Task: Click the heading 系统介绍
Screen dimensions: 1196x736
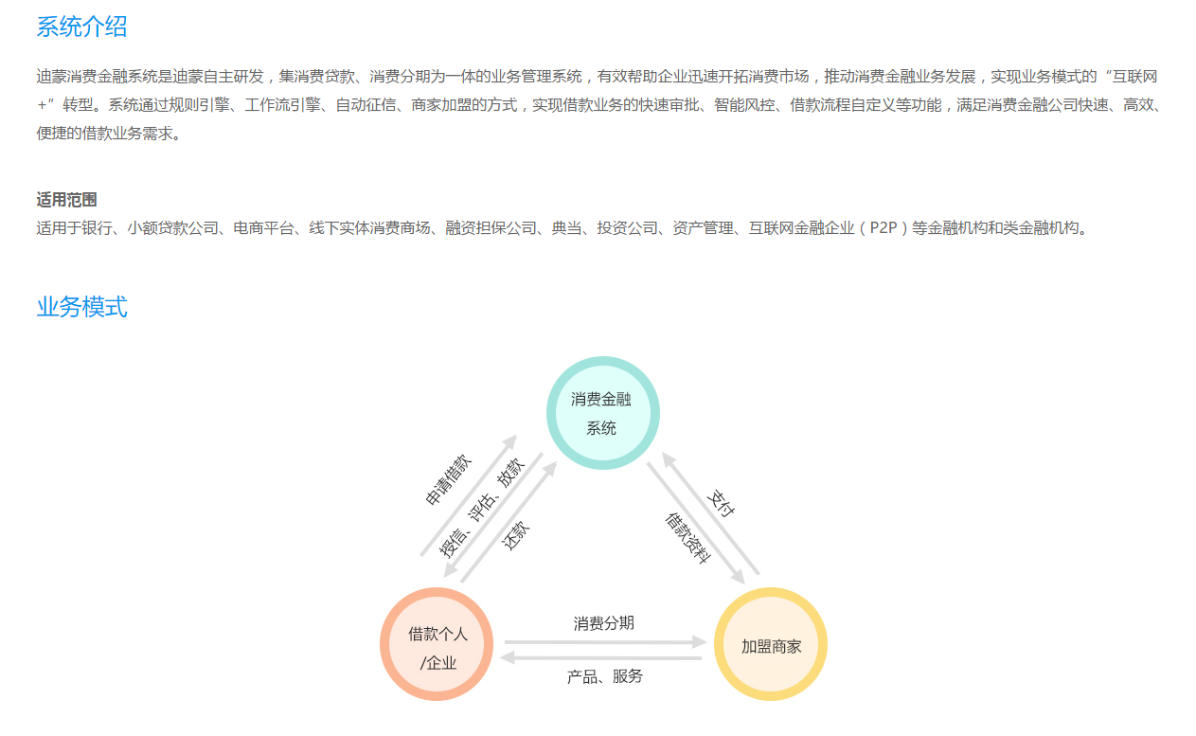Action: [81, 27]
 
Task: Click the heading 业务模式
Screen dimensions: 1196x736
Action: [81, 307]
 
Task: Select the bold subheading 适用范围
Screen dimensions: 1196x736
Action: [66, 200]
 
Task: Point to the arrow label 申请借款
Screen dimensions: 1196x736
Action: [449, 479]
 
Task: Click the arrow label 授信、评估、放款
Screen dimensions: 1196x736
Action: [482, 508]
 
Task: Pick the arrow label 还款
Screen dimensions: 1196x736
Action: [516, 535]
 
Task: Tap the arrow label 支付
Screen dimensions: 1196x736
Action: [721, 503]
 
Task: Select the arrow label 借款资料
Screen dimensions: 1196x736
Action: [688, 538]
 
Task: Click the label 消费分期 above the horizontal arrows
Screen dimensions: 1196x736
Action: [603, 622]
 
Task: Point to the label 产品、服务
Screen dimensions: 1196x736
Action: [604, 676]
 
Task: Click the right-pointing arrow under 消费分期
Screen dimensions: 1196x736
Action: [605, 642]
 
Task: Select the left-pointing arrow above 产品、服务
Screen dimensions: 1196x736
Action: [600, 658]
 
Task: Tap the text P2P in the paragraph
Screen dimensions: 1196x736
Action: [884, 228]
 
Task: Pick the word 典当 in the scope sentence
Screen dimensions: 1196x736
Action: [566, 228]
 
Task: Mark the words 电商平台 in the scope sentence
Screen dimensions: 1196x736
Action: [263, 228]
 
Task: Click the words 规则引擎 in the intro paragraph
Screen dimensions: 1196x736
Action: [199, 105]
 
